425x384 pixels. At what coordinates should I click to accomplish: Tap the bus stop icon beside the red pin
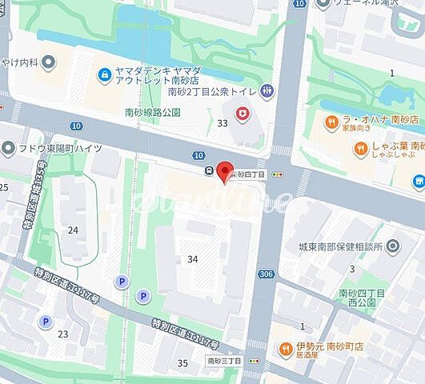coord(208,170)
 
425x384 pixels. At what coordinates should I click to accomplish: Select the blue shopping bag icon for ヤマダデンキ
coord(104,75)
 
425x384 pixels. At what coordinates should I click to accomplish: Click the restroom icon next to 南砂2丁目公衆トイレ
coord(267,90)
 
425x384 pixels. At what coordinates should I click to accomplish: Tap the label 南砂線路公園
coord(154,113)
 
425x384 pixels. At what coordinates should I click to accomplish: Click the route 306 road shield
coord(264,274)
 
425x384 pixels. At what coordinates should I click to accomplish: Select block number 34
coord(192,259)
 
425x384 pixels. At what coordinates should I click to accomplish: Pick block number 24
coord(73,230)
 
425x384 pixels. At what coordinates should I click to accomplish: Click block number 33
coord(222,122)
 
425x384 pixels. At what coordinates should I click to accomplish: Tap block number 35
coord(182,363)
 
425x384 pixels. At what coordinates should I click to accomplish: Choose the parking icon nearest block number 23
coord(45,322)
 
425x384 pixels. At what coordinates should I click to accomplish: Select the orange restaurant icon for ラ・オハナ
coord(330,122)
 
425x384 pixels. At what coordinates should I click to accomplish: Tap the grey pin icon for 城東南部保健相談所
coord(392,246)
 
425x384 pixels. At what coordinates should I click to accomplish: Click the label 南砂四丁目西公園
coord(362,299)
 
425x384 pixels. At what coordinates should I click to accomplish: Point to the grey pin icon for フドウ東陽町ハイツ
coord(9,147)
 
